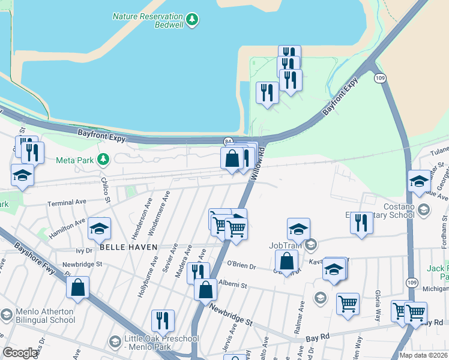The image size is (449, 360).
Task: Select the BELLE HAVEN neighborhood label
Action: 128,247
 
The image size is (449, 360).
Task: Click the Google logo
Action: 20,353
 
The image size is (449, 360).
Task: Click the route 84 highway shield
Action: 228,141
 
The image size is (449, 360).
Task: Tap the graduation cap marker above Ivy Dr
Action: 100,228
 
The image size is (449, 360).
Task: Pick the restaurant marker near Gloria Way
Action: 361,222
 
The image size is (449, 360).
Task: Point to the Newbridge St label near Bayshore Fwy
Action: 83,263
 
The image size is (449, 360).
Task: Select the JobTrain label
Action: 284,245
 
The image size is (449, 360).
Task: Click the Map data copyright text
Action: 423,355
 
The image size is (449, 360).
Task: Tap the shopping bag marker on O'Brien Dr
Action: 287,261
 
